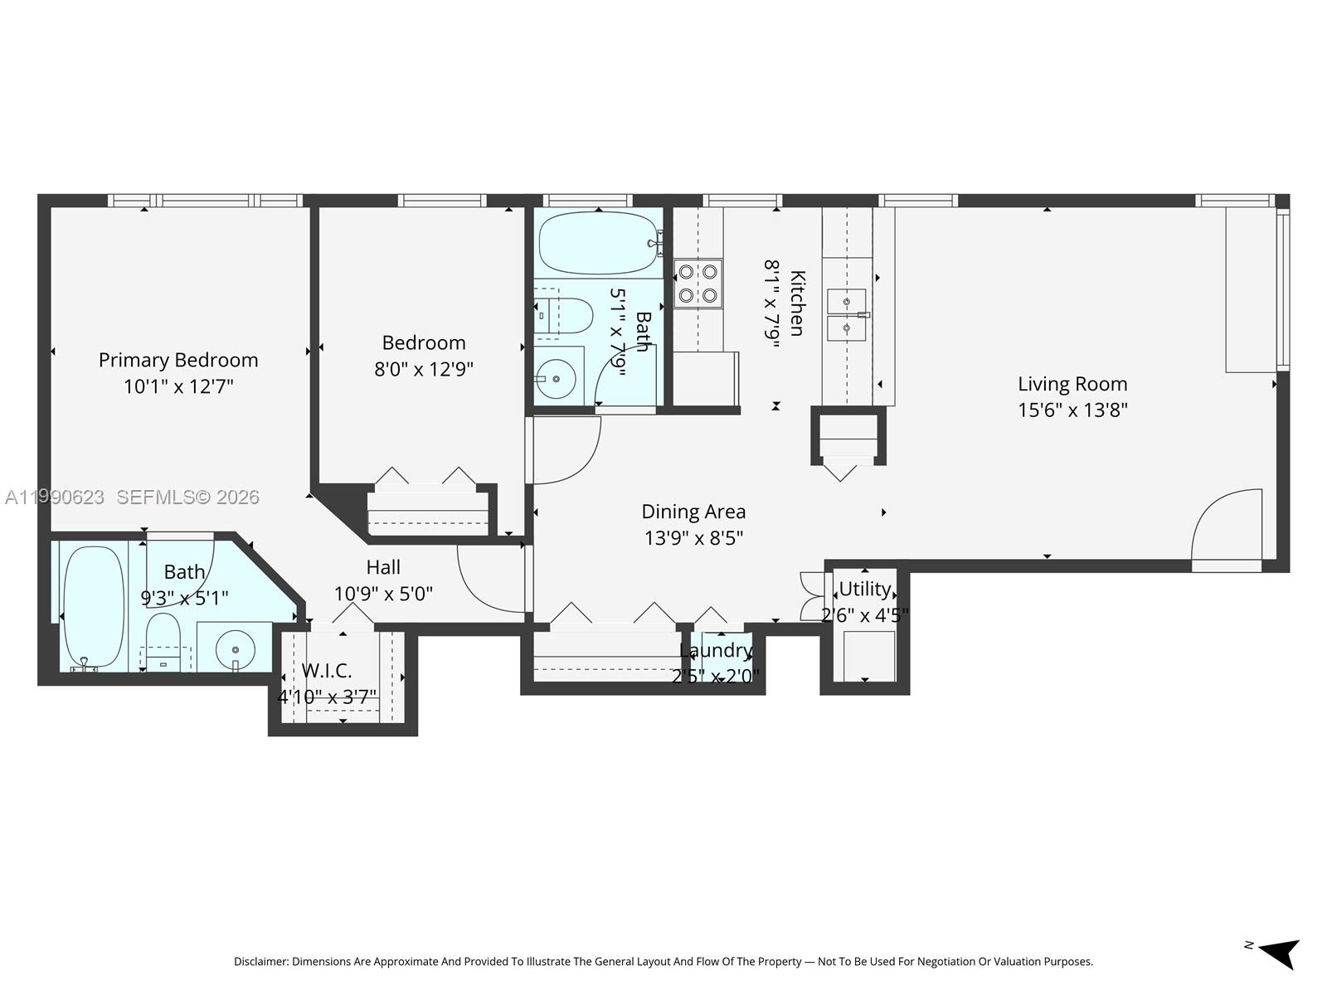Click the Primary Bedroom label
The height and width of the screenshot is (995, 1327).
[178, 360]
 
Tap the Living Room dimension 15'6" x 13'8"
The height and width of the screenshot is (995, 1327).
[1072, 410]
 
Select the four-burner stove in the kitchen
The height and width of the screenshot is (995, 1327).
[698, 284]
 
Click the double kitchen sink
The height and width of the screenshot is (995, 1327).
[847, 315]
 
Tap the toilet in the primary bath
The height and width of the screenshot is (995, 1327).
[163, 639]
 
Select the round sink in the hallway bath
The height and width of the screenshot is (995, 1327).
[557, 379]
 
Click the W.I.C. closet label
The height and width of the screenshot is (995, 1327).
[327, 670]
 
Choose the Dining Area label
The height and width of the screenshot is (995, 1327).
[693, 512]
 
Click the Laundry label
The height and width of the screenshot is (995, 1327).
[715, 651]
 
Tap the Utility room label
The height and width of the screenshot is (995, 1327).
[864, 589]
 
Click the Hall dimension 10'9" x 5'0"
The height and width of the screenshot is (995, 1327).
[383, 595]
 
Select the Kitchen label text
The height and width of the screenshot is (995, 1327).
[796, 303]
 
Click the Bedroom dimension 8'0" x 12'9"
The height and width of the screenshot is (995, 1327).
[423, 369]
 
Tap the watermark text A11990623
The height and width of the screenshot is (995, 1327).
[55, 497]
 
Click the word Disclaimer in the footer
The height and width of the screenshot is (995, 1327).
[260, 962]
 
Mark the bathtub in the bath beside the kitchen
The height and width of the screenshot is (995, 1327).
[600, 243]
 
